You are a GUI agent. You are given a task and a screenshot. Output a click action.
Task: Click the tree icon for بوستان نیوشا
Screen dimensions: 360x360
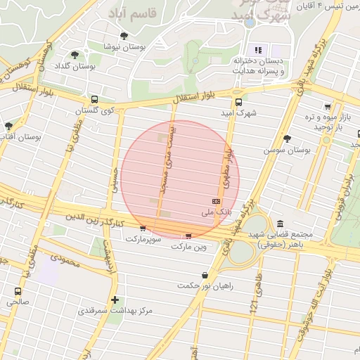(124, 36)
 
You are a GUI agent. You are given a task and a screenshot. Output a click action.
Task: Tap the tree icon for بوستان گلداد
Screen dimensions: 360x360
(75, 55)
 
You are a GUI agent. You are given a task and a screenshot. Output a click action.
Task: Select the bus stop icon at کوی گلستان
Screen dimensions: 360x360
(95, 99)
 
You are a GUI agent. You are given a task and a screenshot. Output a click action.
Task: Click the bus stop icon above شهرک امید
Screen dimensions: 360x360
(238, 101)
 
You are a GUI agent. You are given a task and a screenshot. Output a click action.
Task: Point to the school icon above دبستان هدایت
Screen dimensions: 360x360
(258, 50)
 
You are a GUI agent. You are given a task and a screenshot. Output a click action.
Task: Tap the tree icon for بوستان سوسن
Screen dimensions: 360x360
(287, 139)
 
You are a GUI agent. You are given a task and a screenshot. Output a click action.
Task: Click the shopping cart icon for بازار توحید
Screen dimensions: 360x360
(328, 107)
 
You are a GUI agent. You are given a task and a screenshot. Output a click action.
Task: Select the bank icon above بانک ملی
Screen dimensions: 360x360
(216, 201)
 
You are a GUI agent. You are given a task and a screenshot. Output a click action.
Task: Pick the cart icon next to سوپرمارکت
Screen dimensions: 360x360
(143, 228)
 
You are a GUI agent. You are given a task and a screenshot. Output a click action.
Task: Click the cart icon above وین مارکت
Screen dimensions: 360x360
(188, 236)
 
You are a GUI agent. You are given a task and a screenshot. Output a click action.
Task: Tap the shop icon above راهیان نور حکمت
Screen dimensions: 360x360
(205, 275)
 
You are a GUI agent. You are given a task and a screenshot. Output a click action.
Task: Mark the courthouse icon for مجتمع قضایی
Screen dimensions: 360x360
(281, 223)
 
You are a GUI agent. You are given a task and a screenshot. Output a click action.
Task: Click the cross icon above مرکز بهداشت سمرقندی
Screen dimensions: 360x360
(115, 300)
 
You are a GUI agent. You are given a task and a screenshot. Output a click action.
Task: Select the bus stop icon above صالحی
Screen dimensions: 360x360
(18, 291)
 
